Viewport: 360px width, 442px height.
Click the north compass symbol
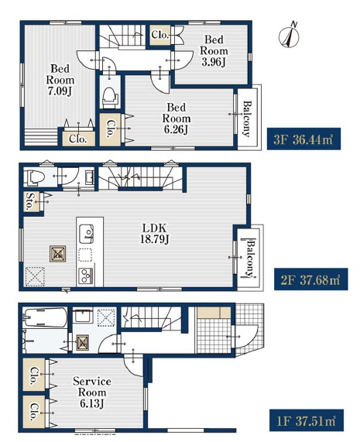[289, 36]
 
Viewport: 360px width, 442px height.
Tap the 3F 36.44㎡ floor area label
[303, 139]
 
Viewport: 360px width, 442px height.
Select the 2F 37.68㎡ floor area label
[310, 279]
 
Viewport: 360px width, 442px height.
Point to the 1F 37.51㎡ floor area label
[307, 420]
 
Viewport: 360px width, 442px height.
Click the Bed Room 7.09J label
[60, 80]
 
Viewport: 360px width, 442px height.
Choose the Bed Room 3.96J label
[214, 51]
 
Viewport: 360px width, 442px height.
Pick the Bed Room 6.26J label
[177, 118]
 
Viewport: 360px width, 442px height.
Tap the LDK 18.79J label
[155, 234]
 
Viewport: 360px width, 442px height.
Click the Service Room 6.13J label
[92, 392]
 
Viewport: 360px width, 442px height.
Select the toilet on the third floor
[110, 97]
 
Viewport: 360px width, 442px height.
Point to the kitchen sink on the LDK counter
[86, 234]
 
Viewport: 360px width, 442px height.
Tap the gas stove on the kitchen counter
[85, 276]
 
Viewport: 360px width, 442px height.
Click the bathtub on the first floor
[45, 317]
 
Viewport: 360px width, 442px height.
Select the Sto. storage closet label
[29, 201]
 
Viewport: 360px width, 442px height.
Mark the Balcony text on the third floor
[247, 118]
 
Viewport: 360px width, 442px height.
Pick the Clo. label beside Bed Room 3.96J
[160, 35]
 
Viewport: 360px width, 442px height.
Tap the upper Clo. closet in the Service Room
[34, 375]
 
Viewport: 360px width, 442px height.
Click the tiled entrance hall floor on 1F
[214, 335]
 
